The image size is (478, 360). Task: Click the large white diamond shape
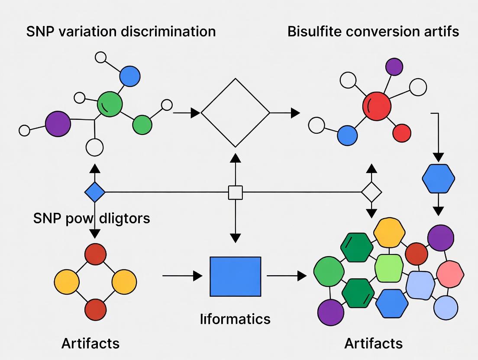point(236,113)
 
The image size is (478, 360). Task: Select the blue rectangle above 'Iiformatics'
point(236,276)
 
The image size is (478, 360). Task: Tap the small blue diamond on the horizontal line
point(95,192)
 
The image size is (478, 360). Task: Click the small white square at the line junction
point(235,192)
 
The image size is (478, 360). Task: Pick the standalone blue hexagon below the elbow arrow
point(438,178)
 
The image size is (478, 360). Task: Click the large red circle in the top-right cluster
point(376,106)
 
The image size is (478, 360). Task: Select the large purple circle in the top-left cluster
point(58,124)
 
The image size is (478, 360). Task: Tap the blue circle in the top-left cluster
point(129,77)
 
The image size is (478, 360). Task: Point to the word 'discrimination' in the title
point(171,32)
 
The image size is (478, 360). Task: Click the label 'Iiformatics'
point(236,319)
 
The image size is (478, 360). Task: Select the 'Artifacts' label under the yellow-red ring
point(90,343)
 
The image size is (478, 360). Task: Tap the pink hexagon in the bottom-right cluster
point(450,274)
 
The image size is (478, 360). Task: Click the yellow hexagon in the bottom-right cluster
point(389,233)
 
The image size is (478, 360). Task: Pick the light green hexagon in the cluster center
point(389,268)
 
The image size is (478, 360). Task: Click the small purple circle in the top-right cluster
point(394,67)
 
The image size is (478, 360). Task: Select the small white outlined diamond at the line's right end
point(371,192)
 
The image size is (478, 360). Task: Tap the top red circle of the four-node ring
point(95,254)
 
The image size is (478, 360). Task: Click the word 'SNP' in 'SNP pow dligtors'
point(47,218)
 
